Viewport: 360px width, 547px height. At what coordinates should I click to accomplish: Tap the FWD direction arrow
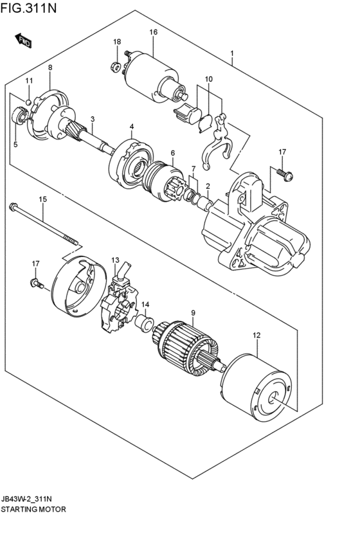(x=24, y=41)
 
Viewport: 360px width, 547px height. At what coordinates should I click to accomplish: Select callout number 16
(x=154, y=32)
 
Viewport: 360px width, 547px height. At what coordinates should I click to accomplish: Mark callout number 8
(x=50, y=67)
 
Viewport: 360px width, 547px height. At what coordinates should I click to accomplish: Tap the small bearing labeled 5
(x=19, y=116)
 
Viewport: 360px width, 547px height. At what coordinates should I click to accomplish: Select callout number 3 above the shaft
(x=93, y=119)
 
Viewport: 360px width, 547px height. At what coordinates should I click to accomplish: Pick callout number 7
(x=192, y=168)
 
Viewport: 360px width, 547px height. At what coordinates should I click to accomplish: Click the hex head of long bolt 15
(x=13, y=207)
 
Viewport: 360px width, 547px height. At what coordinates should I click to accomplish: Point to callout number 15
(x=42, y=199)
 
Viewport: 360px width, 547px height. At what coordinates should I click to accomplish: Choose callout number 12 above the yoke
(x=256, y=335)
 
